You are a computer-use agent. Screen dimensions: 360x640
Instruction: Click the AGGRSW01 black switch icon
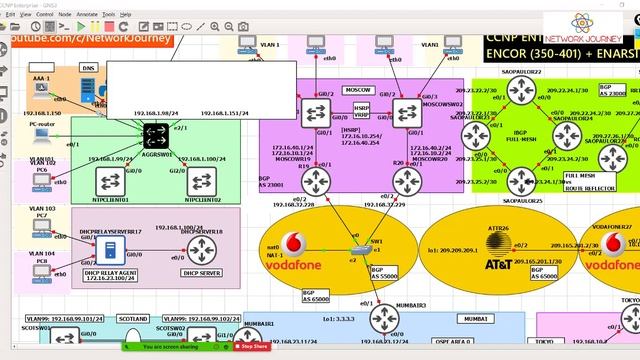155,132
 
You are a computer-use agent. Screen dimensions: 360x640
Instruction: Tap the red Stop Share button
252,346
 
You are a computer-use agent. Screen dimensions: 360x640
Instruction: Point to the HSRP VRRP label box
361,110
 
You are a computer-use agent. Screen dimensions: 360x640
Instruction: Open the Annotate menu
88,15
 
